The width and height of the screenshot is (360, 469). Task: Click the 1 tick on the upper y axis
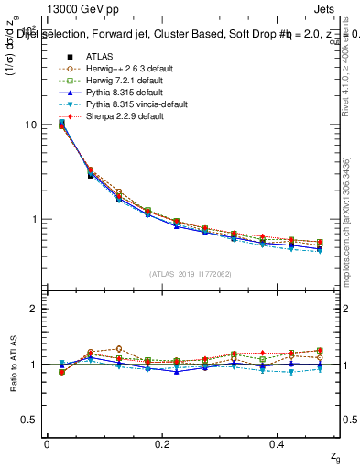(x=37, y=220)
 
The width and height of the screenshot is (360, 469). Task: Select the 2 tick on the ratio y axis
(x=36, y=309)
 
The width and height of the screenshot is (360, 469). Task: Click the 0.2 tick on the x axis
(x=162, y=443)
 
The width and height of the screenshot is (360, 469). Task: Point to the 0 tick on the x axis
(x=47, y=443)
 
